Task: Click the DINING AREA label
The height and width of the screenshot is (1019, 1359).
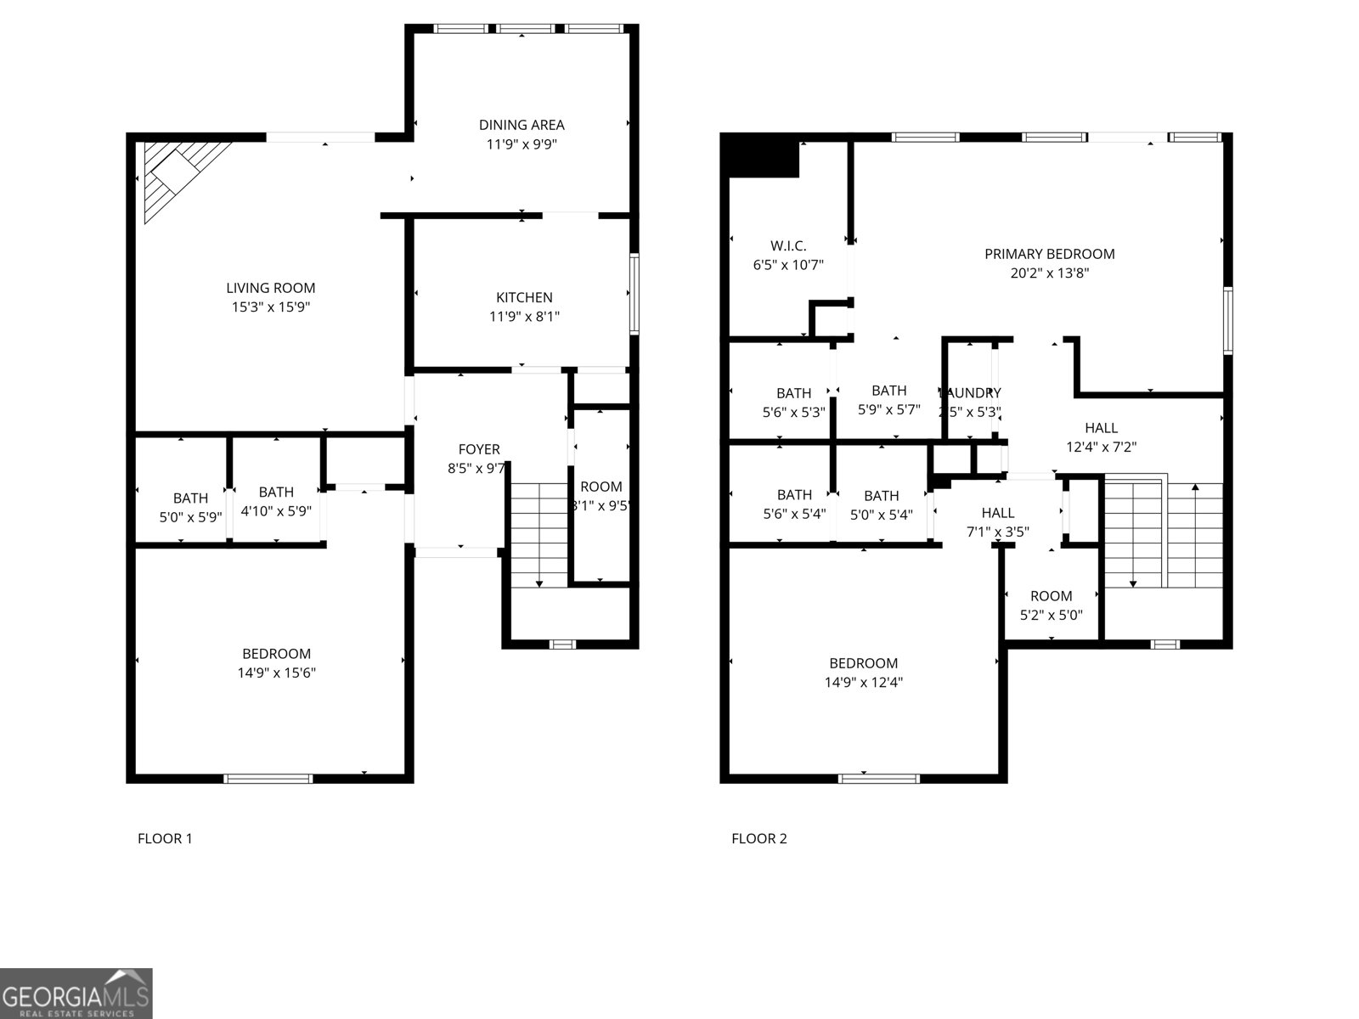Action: [x=522, y=125]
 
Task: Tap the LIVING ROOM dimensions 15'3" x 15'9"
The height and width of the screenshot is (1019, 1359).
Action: [x=271, y=307]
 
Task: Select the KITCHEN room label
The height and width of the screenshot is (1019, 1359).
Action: [x=524, y=297]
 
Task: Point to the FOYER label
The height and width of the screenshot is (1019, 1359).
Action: [x=479, y=449]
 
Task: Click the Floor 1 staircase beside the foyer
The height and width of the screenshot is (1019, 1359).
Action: [x=539, y=535]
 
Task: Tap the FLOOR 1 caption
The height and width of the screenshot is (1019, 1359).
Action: [x=165, y=839]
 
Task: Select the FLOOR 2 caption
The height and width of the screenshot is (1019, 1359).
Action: [x=759, y=839]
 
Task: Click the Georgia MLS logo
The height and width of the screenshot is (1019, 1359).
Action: [x=76, y=993]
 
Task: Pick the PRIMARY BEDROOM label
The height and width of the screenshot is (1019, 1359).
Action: [x=1049, y=254]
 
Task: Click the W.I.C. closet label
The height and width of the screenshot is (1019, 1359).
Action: [x=788, y=246]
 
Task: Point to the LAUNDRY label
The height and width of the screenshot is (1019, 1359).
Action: [x=970, y=393]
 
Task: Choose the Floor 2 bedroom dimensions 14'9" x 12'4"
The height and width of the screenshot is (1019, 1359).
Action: [x=863, y=682]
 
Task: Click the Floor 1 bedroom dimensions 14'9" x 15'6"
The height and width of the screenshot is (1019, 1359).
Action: [x=276, y=673]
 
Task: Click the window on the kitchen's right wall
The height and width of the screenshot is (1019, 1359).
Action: [x=634, y=294]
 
